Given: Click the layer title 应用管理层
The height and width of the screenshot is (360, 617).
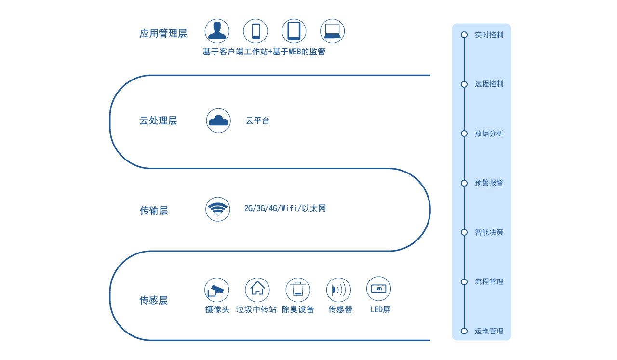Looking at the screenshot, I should coord(163,33).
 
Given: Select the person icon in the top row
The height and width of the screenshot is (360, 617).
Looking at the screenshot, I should coord(217,31).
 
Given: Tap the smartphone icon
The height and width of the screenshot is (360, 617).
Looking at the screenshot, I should coord(255,31).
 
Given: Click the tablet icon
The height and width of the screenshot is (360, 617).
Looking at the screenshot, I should coord(294,31).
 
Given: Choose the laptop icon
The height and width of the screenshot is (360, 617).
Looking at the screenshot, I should coord(332,31).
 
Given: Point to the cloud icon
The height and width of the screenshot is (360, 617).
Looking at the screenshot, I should coord(218,120).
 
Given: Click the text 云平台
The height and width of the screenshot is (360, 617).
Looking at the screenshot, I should coord(257,120).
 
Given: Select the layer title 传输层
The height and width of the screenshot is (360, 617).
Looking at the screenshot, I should coord(154,211).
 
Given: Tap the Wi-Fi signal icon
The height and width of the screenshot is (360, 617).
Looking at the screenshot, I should coord(217,209).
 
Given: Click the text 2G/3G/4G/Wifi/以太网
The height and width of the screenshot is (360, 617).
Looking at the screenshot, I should coord(285,208).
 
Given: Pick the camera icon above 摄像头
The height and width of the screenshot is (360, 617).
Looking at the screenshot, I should coord(216,290).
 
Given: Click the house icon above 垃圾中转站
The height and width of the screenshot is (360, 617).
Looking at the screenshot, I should coord(257,290).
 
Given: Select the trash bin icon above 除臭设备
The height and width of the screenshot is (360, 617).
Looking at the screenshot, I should coord(298,290).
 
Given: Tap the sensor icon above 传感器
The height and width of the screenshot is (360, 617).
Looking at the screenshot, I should coord(338,290).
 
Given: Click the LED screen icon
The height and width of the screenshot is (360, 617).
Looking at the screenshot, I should coord(378,289).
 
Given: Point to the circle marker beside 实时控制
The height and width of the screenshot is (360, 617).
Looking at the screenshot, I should coord(464,35).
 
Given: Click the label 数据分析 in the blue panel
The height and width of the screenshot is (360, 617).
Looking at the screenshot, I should coord(489,133).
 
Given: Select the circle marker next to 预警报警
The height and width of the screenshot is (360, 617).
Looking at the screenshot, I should coord(464,183).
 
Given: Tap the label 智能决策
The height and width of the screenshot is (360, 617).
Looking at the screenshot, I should coord(489,232).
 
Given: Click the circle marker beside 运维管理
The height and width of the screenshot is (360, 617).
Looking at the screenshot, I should coord(464,331).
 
